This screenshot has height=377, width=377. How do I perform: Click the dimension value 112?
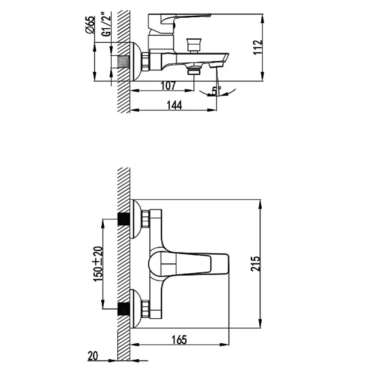click(258, 48)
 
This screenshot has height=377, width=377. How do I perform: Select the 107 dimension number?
click(168, 86)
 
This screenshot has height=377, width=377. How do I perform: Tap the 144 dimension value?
click(175, 105)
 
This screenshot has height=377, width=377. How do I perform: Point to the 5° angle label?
click(217, 90)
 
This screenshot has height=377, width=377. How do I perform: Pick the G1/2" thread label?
click(107, 24)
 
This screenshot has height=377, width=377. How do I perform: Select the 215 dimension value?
click(255, 264)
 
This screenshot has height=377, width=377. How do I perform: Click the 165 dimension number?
click(179, 340)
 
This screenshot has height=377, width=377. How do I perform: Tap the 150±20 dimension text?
click(98, 264)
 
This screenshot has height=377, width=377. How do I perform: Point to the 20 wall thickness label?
click(93, 356)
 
